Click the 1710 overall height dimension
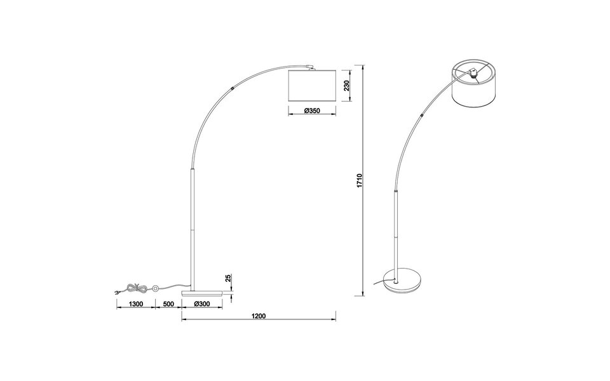click(x=360, y=180)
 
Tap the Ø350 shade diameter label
click(x=311, y=111)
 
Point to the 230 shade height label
click(x=347, y=86)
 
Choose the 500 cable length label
click(x=168, y=304)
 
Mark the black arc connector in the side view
click(x=235, y=89)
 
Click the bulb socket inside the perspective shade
click(x=473, y=73)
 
